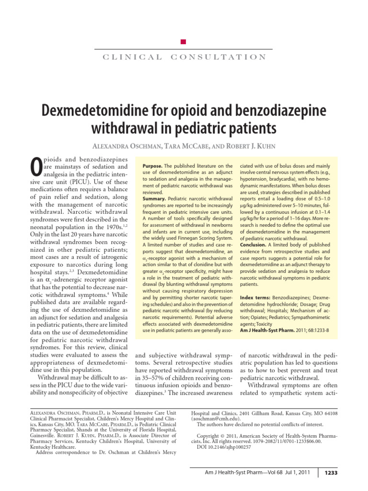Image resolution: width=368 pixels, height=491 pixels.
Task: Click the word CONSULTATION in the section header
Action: point(218,57)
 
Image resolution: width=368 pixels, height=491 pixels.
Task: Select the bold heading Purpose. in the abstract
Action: point(153,165)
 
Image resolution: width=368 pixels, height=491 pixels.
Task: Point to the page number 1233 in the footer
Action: point(331,473)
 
